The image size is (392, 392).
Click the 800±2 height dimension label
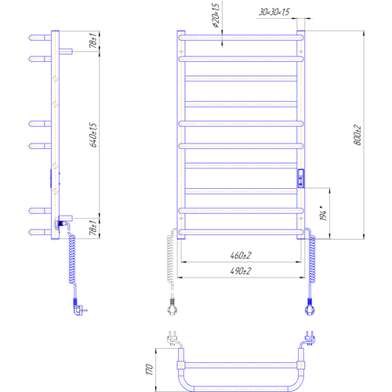[358, 135]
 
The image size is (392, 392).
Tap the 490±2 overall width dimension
[241, 271]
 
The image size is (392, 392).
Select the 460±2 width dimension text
[241, 255]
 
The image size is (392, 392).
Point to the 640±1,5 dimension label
[93, 135]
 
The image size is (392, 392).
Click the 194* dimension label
[324, 213]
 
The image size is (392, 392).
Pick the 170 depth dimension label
[149, 369]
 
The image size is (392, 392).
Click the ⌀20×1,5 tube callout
[215, 16]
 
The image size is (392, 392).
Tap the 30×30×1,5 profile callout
[274, 12]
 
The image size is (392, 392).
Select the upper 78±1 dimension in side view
[93, 41]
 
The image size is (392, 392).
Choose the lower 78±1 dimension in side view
[93, 227]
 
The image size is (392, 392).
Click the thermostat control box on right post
[301, 179]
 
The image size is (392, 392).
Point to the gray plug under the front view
[172, 307]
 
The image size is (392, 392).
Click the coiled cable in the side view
[72, 259]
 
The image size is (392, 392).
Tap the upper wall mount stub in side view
[66, 51]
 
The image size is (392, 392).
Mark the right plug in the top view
[309, 338]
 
